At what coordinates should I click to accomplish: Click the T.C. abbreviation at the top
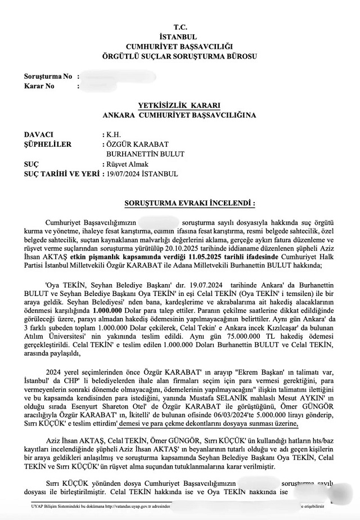pos(179,27)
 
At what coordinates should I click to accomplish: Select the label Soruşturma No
pos(48,76)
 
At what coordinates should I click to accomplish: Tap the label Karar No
pos(39,86)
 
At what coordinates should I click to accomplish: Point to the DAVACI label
pos(39,136)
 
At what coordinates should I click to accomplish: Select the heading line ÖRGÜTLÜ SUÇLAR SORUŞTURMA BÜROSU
pos(179,57)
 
